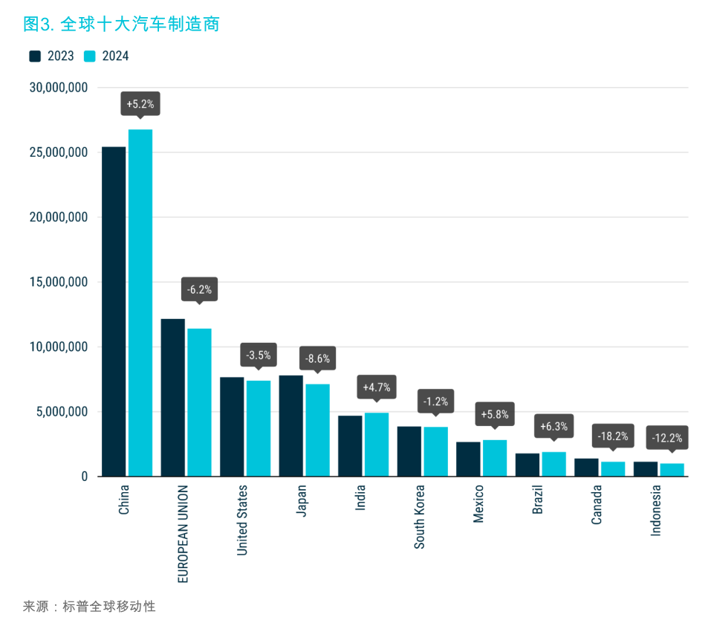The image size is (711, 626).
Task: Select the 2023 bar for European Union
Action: (x=173, y=398)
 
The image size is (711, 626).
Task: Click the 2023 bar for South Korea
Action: (x=409, y=451)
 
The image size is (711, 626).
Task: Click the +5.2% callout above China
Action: (x=140, y=104)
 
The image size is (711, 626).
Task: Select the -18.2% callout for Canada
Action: (x=613, y=436)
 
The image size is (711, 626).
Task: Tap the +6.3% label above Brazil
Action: (x=554, y=426)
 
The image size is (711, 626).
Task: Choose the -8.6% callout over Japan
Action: (x=317, y=358)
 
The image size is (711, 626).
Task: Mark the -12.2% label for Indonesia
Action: (x=666, y=438)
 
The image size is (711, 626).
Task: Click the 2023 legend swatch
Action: (x=35, y=57)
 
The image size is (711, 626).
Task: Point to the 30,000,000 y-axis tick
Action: (x=59, y=88)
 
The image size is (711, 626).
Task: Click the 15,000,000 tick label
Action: (x=59, y=283)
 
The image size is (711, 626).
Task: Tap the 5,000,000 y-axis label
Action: (x=62, y=412)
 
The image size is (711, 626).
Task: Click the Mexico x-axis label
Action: (x=478, y=504)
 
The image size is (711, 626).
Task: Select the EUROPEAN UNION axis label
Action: (x=183, y=533)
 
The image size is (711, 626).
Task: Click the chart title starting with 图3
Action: (x=120, y=24)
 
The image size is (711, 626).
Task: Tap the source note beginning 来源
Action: (x=89, y=607)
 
